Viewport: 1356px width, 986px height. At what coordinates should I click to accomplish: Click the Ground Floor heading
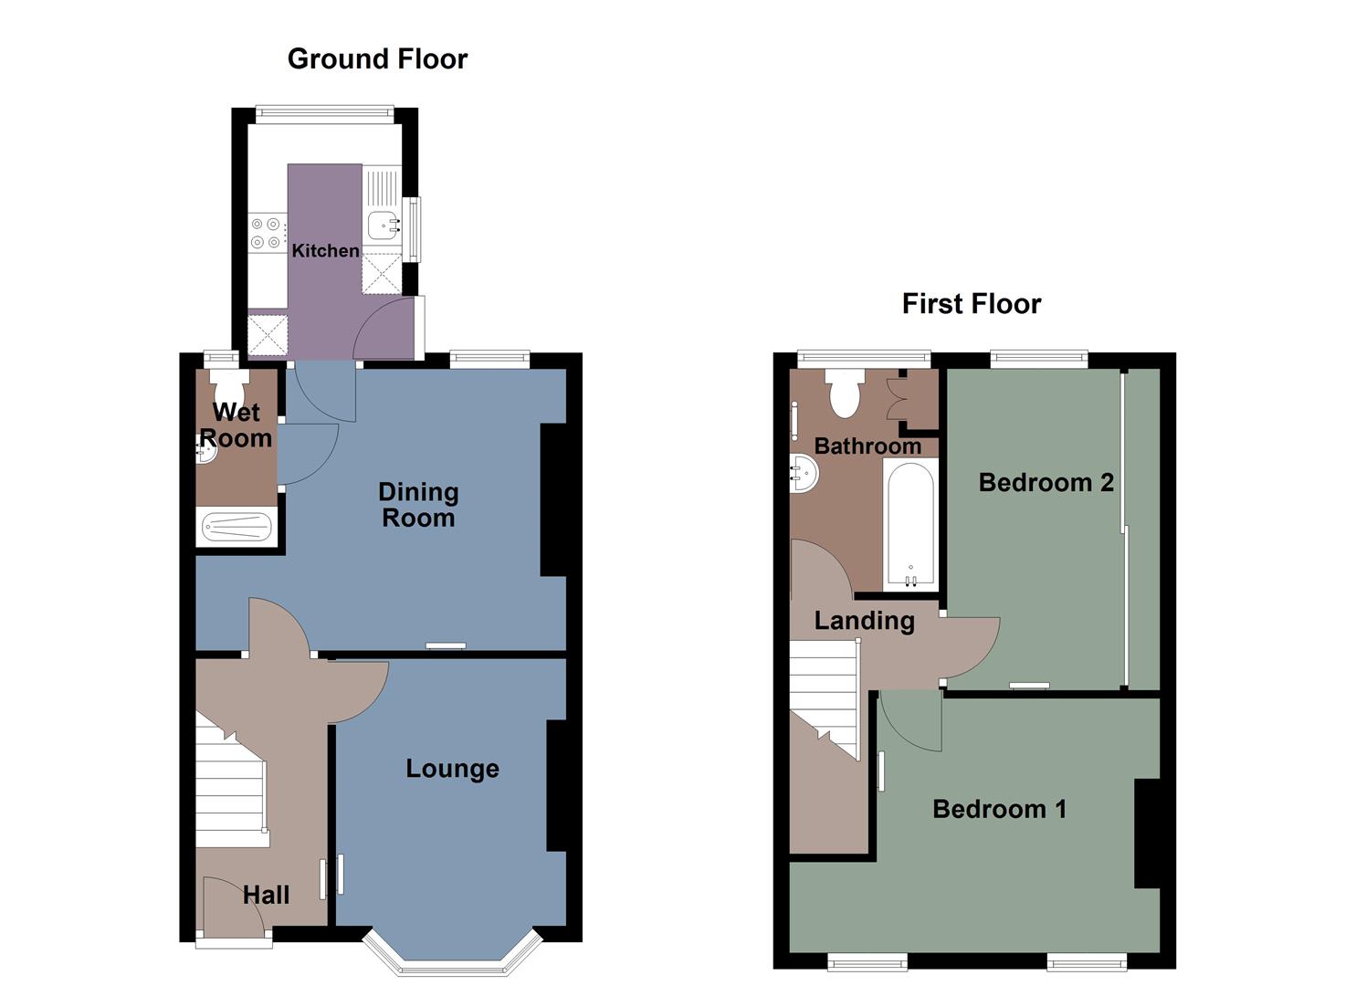377,59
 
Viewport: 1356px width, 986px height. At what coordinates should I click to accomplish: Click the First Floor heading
971,304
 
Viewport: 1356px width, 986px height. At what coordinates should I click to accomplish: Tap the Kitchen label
325,250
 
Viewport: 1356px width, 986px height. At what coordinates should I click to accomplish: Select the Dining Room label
418,505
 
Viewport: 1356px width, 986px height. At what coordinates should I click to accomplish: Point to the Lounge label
452,769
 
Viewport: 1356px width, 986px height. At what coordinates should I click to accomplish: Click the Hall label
266,895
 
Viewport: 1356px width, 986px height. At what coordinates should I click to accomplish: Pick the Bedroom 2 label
1046,482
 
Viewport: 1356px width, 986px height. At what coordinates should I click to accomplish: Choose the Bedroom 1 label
999,809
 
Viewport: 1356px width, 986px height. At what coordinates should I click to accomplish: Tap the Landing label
864,621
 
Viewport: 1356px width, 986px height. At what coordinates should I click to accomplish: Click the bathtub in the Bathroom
909,523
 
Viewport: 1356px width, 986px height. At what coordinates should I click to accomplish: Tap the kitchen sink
382,224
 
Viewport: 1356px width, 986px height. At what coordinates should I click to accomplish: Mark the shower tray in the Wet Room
237,528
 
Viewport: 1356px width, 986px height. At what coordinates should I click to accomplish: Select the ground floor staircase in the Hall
230,785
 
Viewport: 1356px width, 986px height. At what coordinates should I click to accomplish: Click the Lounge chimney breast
557,786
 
